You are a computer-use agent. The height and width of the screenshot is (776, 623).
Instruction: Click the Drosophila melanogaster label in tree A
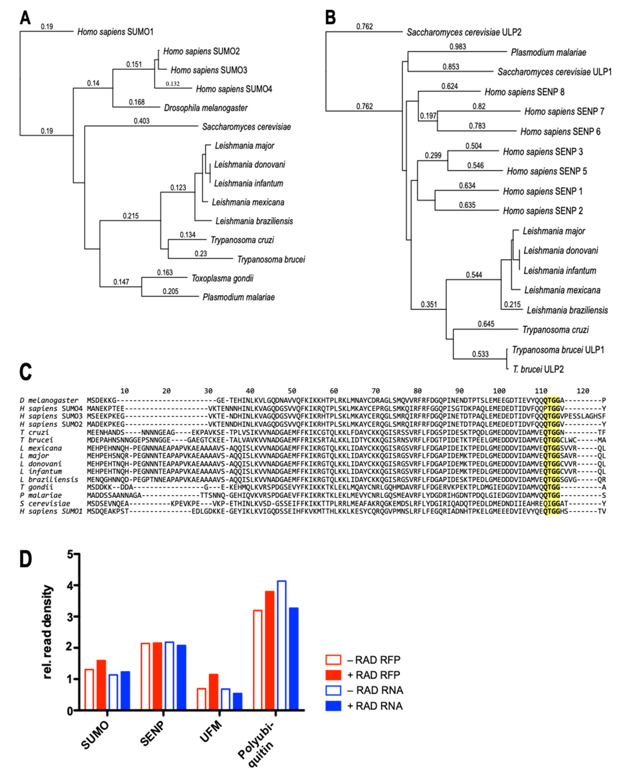pyautogui.click(x=206, y=108)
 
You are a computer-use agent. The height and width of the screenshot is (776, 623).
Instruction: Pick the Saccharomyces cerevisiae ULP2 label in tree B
pyautogui.click(x=464, y=32)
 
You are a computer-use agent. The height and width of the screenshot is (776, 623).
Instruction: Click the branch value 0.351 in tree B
pyautogui.click(x=429, y=304)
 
